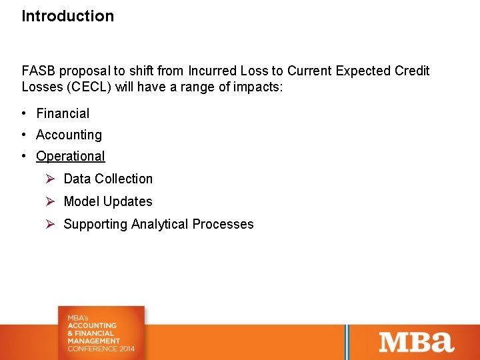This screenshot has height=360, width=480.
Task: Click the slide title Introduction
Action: (x=67, y=16)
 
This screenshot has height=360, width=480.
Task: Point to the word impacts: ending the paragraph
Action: (x=259, y=87)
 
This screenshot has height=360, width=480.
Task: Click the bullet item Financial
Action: (x=63, y=113)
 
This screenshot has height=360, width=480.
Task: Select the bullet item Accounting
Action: (x=69, y=135)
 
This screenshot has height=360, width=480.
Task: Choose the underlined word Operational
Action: (x=71, y=156)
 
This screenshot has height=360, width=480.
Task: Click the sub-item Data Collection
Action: (x=108, y=179)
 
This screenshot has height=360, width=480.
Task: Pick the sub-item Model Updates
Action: (x=108, y=201)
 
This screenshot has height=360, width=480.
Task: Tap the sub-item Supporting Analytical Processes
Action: (x=159, y=224)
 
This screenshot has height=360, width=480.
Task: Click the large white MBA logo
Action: (x=417, y=341)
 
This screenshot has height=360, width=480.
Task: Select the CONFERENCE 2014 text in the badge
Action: (x=101, y=349)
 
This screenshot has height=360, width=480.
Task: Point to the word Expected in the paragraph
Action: (x=364, y=71)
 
